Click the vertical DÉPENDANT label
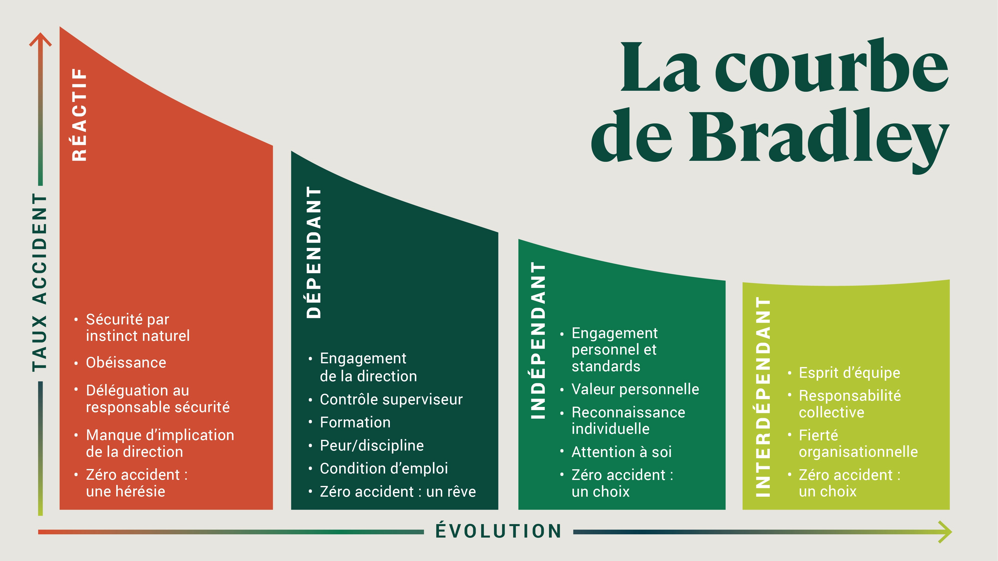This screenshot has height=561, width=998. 314,252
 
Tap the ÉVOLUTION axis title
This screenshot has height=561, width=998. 499,531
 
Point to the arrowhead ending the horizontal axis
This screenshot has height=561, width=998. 945,532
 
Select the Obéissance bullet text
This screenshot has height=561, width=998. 126,363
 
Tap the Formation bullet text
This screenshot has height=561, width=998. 355,422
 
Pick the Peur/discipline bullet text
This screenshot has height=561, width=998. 372,446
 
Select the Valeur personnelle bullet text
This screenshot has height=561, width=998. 635,389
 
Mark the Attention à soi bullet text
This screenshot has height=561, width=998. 621,452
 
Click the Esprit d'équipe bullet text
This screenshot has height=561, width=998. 849,373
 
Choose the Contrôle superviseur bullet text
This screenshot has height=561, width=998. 391,399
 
